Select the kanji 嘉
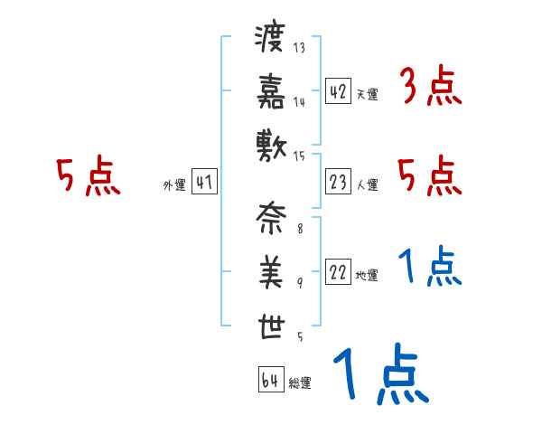coord(270,90)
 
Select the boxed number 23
coord(339,182)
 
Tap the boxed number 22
coord(339,272)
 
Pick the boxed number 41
coord(203,182)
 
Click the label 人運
coord(367,185)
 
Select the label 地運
coord(367,276)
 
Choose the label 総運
coord(300,383)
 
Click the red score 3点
coord(430,87)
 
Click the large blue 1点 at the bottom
coord(380,374)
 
